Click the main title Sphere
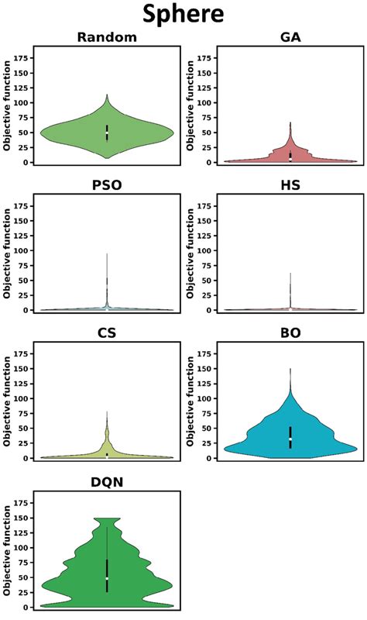coord(183,15)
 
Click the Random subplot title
coord(107,37)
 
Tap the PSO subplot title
coord(107,185)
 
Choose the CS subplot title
coord(107,333)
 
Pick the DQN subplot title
coord(107,481)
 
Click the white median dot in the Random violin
coord(107,133)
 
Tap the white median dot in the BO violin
coord(290,439)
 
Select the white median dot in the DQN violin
coord(107,579)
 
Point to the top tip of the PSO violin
coord(107,254)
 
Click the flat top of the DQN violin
coord(107,518)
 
